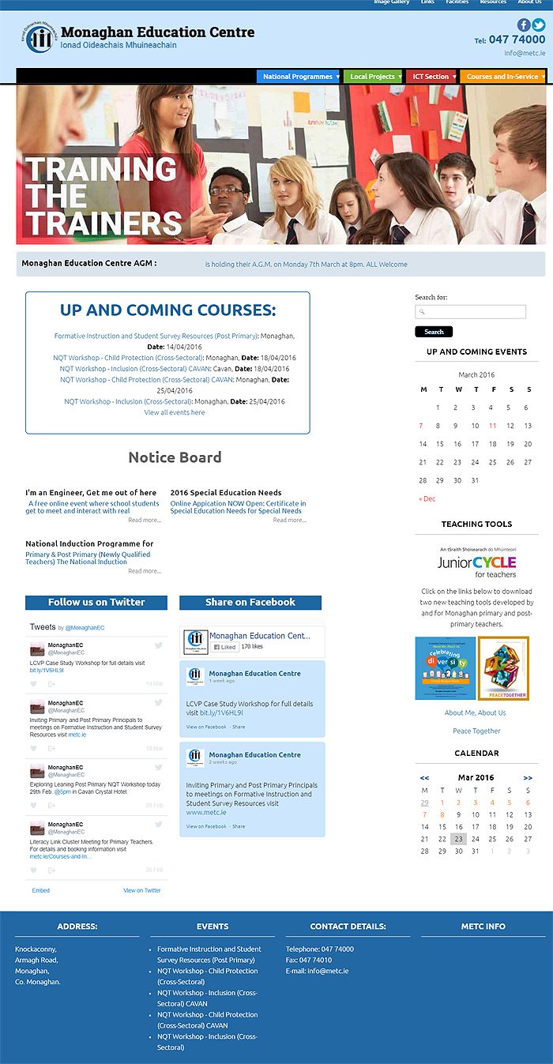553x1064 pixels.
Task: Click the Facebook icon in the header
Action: (x=524, y=24)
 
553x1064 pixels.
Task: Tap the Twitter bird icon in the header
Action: (x=539, y=24)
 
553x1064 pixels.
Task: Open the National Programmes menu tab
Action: (x=298, y=77)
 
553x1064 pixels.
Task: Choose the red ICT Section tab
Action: (x=431, y=77)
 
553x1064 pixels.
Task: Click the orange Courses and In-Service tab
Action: (x=502, y=77)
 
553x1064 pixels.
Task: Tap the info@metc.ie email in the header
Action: (x=525, y=54)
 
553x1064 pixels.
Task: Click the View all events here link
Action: (x=175, y=412)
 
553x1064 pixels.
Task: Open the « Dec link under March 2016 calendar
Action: (x=427, y=498)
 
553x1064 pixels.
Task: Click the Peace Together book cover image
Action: (x=503, y=668)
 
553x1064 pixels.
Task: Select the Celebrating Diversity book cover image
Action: (x=446, y=668)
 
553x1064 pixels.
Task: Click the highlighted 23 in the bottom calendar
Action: (x=459, y=839)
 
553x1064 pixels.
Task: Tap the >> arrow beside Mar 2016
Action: (x=528, y=778)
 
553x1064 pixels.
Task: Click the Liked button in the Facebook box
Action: (x=224, y=647)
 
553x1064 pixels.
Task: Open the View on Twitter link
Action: (x=141, y=890)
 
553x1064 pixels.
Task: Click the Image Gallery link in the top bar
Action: (x=392, y=2)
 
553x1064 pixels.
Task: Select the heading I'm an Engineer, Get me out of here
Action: (x=91, y=493)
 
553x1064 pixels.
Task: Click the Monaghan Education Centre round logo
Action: (x=39, y=38)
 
